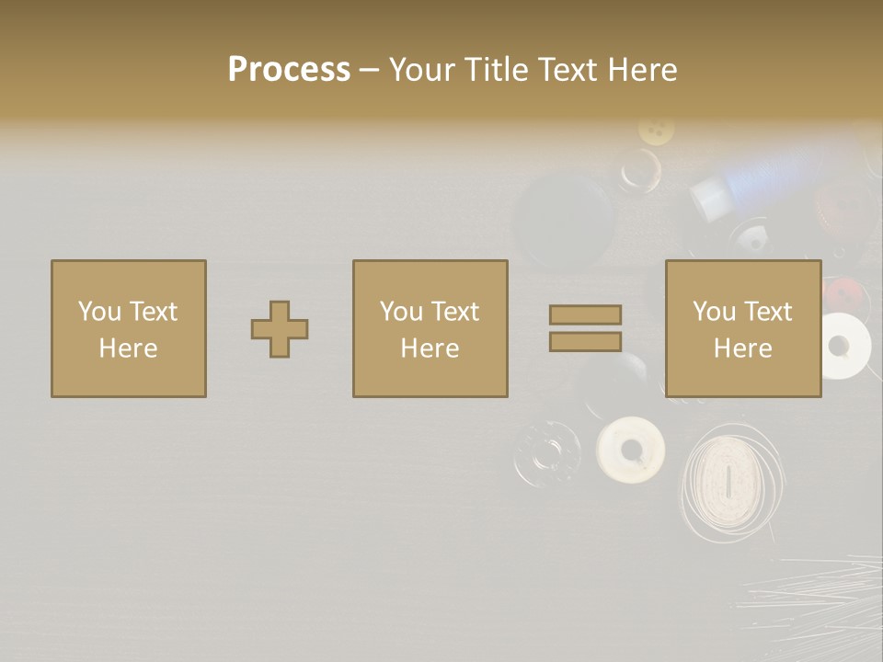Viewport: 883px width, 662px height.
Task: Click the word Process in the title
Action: click(289, 69)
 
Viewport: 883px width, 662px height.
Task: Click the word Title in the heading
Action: click(493, 69)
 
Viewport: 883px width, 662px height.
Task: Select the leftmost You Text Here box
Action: click(128, 328)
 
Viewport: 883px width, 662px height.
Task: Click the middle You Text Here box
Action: click(430, 328)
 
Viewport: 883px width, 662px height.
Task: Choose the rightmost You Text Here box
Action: click(742, 328)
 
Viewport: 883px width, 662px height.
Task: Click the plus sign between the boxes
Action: click(280, 328)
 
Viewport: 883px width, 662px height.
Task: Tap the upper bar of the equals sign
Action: click(585, 314)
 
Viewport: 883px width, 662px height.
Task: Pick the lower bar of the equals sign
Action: click(585, 341)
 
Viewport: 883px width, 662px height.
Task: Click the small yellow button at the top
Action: click(656, 130)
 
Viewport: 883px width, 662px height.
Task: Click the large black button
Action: click(563, 221)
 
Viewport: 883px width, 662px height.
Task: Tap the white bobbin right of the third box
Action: click(842, 346)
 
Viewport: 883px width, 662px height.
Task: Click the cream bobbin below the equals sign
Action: click(630, 450)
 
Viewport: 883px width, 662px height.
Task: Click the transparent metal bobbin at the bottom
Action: click(547, 452)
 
